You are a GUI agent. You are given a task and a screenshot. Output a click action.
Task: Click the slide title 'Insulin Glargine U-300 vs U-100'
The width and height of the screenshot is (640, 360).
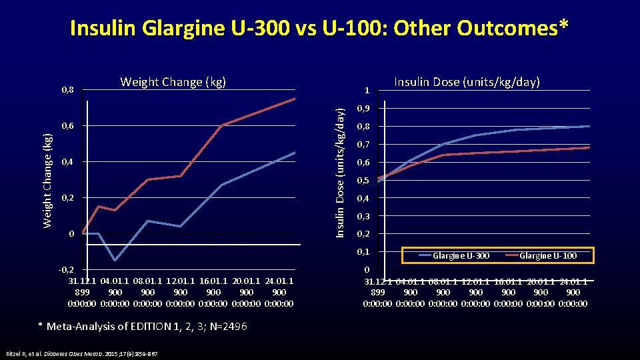tap(319, 28)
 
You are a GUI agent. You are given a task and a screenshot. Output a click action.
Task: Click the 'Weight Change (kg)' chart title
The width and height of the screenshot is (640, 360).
tap(173, 82)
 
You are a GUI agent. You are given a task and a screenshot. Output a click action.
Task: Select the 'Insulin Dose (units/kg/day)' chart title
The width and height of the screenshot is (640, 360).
tap(467, 82)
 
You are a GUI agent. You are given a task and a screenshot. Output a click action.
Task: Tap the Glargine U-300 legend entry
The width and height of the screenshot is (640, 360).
tap(453, 256)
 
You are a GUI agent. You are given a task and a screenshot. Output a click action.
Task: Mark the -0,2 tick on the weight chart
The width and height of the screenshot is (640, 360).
tap(66, 270)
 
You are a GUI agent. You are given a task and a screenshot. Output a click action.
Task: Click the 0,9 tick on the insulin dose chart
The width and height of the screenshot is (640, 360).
tap(363, 109)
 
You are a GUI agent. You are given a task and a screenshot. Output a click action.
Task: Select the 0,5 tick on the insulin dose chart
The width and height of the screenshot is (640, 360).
tap(363, 181)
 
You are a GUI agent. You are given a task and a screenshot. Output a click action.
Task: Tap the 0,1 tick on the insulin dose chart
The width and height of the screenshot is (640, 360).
tap(363, 252)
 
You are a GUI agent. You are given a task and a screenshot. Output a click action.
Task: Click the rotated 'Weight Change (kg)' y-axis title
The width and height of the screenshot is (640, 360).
tap(47, 180)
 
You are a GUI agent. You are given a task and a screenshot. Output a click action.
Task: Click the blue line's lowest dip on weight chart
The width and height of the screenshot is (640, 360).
tap(115, 260)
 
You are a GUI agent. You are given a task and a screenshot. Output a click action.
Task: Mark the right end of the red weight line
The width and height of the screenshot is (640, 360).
tap(295, 99)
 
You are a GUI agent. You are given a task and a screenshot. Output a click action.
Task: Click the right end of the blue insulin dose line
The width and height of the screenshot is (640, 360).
tap(589, 126)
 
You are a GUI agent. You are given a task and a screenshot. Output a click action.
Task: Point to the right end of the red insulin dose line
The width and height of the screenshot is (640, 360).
tap(589, 147)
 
